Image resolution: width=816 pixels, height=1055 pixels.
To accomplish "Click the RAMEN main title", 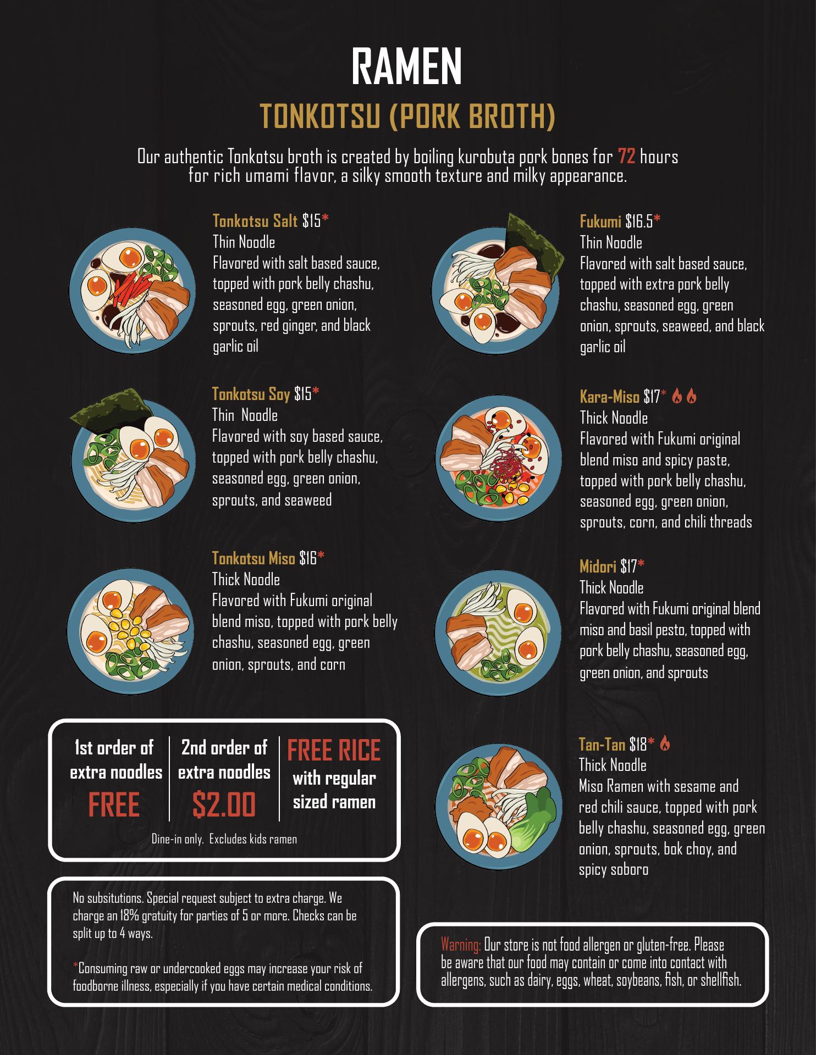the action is (407, 66).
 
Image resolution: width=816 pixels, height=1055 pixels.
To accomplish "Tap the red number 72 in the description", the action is (627, 157).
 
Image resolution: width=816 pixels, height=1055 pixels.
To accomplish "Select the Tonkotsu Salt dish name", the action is (255, 221).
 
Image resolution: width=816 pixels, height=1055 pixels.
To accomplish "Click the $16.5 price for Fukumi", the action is (639, 221).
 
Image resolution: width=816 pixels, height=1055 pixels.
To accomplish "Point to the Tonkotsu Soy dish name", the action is (251, 394).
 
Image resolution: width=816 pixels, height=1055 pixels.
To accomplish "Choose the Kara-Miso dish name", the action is (610, 397).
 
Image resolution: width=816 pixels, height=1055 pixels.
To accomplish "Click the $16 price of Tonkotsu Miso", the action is (308, 559).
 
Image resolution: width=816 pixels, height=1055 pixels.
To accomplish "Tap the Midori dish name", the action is (598, 566).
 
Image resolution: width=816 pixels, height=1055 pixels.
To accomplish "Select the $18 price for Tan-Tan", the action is (638, 745).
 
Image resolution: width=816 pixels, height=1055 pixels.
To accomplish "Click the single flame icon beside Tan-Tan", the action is (665, 743).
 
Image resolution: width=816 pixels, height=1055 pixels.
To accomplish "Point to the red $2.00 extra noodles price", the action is (224, 804).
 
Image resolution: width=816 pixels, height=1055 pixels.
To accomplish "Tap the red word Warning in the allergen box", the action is (461, 945).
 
